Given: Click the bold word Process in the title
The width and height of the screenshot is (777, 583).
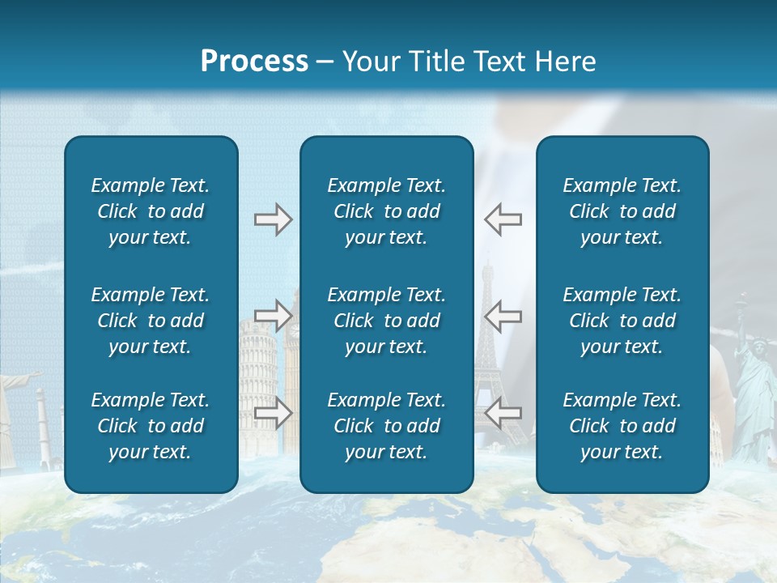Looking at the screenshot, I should pyautogui.click(x=254, y=62).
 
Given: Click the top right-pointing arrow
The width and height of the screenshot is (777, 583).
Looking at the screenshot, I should pyautogui.click(x=273, y=219).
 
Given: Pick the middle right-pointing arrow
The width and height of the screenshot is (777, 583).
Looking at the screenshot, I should pyautogui.click(x=273, y=316).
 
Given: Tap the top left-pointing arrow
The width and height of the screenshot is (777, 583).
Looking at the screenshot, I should pyautogui.click(x=503, y=219).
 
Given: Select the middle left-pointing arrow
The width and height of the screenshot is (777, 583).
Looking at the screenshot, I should pyautogui.click(x=503, y=316).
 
